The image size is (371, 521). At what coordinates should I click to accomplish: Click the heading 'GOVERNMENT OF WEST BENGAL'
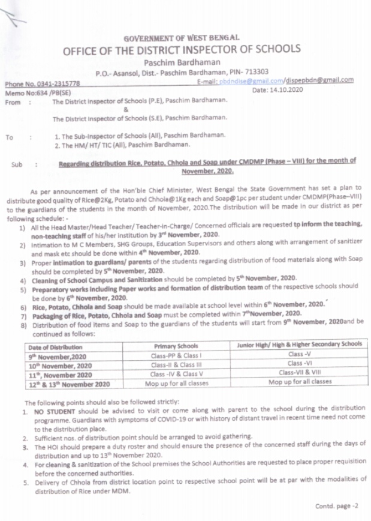pos(181,38)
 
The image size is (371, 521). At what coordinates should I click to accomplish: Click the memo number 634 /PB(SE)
pos(46,92)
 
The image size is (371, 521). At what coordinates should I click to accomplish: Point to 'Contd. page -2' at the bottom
pos(336,505)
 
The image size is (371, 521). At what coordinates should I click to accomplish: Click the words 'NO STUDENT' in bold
pos(55,413)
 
